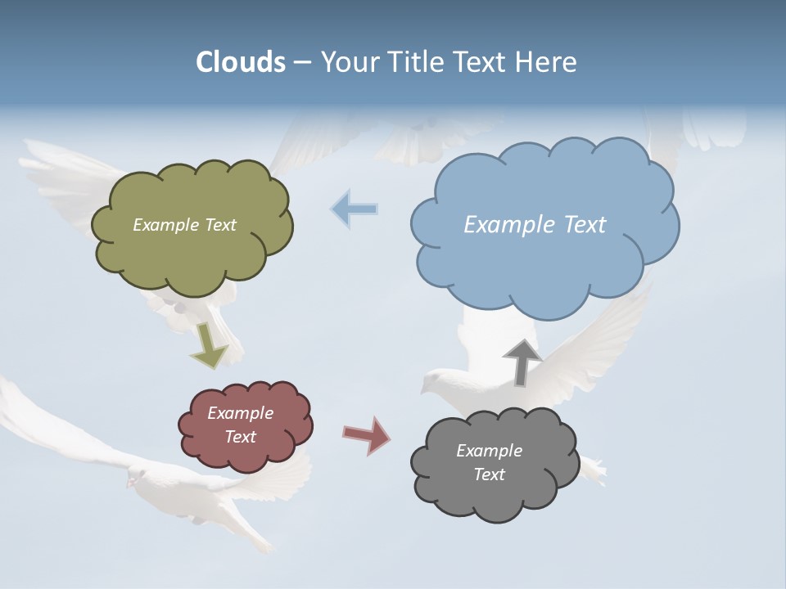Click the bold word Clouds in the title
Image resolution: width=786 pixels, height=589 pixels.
pos(240,62)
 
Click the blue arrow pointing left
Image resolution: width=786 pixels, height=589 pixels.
pos(354,209)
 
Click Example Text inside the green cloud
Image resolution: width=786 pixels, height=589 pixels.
pos(184,225)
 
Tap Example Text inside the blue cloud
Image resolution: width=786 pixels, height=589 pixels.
pos(535,225)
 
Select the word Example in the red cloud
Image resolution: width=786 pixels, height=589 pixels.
pos(240,413)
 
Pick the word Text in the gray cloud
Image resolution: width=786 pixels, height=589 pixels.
pos(489,474)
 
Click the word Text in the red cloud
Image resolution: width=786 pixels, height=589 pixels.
pos(240,437)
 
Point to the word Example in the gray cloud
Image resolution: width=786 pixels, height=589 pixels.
pos(489,451)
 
